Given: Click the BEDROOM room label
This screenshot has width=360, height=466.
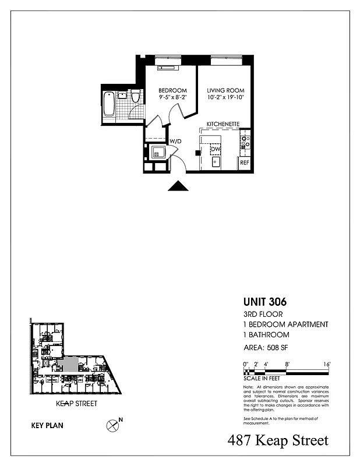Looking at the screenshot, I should click(x=172, y=90).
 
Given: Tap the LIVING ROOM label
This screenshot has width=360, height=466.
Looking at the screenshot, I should click(x=225, y=90).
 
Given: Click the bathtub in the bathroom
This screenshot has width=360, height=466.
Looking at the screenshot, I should click(x=108, y=105).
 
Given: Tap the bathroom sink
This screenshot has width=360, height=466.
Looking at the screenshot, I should click(x=122, y=94).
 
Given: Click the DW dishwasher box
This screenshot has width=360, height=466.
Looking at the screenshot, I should click(x=216, y=149).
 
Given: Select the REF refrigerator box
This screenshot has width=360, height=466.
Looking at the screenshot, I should click(x=245, y=163).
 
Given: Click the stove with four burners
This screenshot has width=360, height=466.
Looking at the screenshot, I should click(x=245, y=140).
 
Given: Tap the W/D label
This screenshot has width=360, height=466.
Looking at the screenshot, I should click(x=175, y=141).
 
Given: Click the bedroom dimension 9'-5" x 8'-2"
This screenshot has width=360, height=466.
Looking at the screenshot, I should click(x=172, y=98).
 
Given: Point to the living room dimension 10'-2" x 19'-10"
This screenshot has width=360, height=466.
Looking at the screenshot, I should click(x=225, y=98).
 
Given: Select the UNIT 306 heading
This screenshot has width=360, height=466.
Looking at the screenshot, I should click(x=264, y=302).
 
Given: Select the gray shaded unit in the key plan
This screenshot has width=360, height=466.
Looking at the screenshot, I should click(x=68, y=365).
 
